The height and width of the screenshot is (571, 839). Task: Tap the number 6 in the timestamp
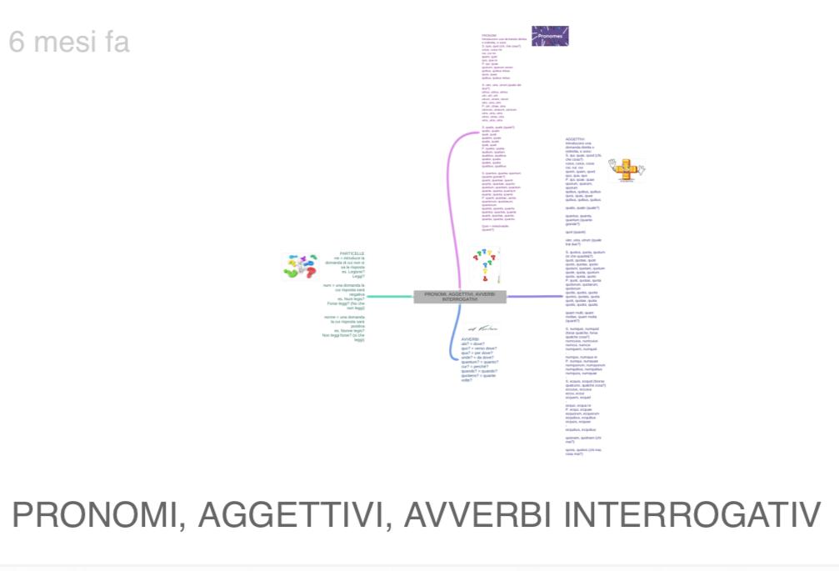tap(17, 41)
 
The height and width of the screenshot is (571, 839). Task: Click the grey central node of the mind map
tap(460, 296)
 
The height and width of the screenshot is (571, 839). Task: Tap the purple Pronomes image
tap(550, 36)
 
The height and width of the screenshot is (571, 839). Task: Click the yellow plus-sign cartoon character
tap(626, 169)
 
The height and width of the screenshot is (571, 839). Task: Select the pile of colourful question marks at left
tap(301, 266)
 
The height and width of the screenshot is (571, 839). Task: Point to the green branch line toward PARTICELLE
tap(389, 296)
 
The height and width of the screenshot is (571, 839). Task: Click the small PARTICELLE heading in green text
tap(352, 253)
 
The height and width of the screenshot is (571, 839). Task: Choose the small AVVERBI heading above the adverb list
tap(471, 339)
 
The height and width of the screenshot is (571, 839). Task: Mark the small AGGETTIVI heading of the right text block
tap(575, 139)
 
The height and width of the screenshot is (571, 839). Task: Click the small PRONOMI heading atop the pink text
tap(489, 36)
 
